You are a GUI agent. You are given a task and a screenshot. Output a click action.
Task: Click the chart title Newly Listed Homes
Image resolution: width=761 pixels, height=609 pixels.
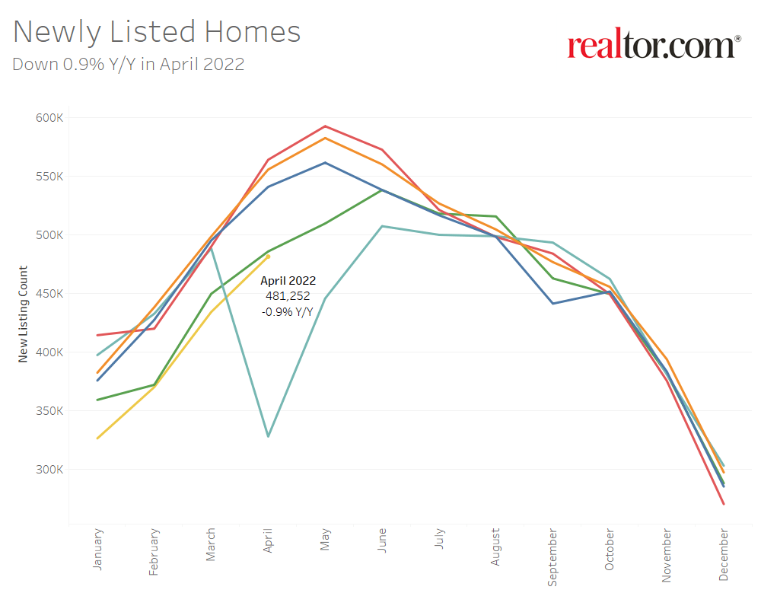tap(157, 32)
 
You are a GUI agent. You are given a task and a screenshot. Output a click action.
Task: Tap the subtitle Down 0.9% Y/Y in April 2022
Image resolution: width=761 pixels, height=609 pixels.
tap(128, 64)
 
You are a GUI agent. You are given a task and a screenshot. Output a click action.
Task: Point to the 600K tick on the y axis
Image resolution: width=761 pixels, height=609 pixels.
tap(49, 118)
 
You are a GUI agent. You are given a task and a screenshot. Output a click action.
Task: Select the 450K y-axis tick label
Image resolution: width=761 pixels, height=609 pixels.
tap(49, 294)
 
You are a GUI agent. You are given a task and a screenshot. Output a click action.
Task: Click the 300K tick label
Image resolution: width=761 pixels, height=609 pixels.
tap(49, 470)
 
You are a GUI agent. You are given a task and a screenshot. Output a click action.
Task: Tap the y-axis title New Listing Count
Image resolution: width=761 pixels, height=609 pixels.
tap(23, 314)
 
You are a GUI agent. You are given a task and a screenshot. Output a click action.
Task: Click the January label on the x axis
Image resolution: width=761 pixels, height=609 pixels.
tap(97, 550)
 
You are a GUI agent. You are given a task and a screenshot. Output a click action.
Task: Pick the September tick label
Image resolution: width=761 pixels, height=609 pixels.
tap(553, 556)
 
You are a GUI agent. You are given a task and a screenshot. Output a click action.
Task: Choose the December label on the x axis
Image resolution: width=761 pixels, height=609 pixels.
tap(724, 555)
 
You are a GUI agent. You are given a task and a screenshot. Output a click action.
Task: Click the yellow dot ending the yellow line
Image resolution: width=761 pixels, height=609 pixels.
tap(268, 257)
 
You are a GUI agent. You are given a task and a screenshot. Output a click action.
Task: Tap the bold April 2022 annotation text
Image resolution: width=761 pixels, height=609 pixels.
tap(288, 281)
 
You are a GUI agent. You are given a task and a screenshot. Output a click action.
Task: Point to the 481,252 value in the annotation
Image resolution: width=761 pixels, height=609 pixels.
tap(288, 296)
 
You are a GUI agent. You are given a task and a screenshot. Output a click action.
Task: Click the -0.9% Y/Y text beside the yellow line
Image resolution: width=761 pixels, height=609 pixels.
tap(288, 311)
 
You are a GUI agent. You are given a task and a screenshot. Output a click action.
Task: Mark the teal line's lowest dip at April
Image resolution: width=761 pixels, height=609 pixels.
tap(268, 436)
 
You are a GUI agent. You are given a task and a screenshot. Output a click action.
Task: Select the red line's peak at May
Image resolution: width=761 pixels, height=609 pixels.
tap(325, 126)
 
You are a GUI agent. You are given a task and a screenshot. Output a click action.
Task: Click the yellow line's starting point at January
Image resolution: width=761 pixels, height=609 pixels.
tap(97, 438)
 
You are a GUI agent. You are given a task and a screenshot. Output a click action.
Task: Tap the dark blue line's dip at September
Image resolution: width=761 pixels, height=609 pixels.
tap(552, 304)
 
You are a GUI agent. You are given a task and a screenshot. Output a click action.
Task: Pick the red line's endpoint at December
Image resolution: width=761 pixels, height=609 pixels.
tap(723, 504)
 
